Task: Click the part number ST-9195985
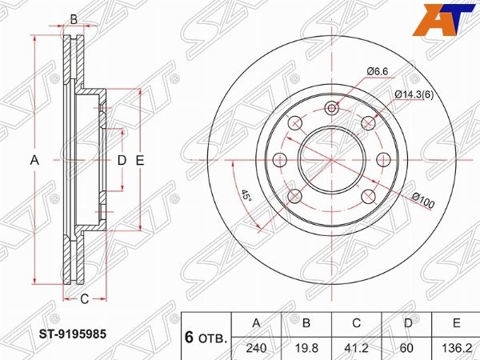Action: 73,334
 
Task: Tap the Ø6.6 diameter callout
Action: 378,71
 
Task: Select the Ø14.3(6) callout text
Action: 414,95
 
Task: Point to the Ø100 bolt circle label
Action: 422,200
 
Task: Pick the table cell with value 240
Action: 256,348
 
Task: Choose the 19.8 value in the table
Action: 306,348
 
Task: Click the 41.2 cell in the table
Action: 356,348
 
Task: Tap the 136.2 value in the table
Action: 457,348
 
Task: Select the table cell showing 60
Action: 407,348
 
